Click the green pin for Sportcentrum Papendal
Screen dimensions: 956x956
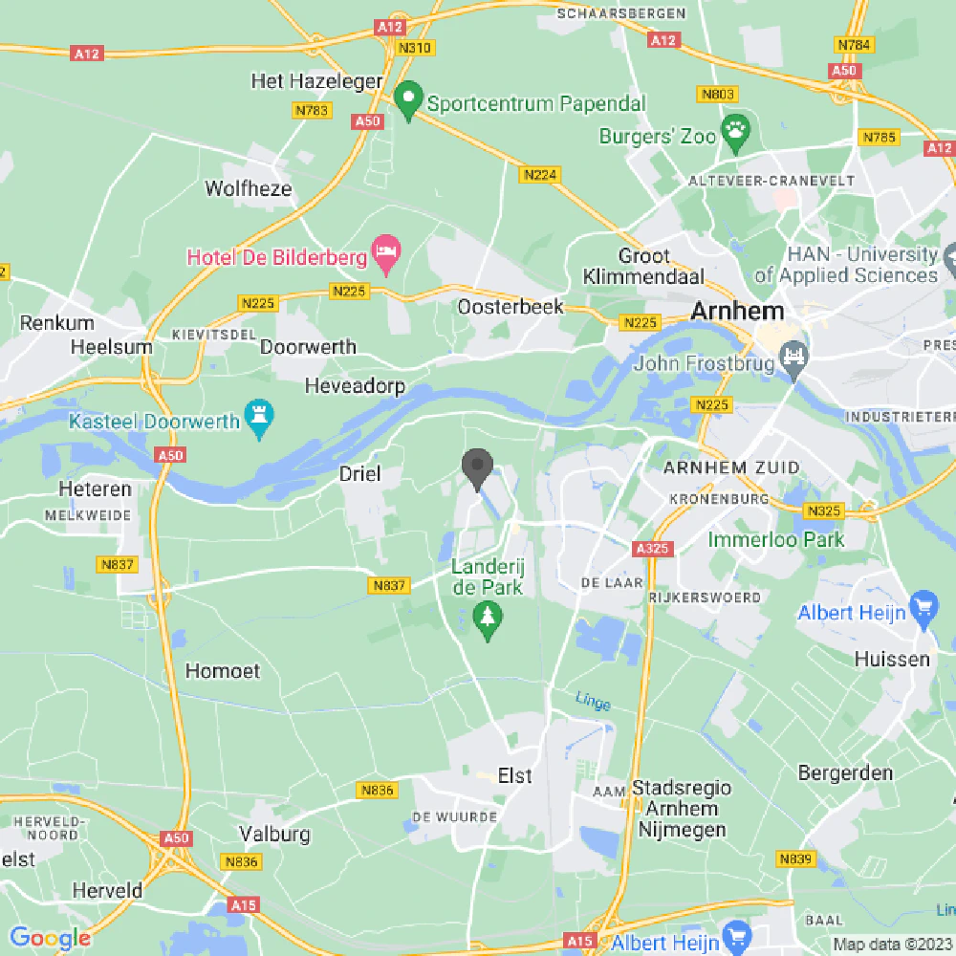point(409,99)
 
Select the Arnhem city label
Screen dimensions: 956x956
point(737,311)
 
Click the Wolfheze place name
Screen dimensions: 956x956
point(249,188)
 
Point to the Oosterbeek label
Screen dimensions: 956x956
point(511,307)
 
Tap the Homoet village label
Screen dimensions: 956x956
point(223,671)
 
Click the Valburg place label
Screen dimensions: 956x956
point(274,834)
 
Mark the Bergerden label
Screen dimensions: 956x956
point(846,772)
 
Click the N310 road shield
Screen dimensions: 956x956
point(415,48)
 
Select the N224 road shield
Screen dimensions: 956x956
point(540,175)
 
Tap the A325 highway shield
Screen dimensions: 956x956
point(653,549)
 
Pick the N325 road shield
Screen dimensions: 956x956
point(822,511)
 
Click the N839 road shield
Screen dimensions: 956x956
point(795,859)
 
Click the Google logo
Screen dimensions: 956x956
point(49,939)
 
